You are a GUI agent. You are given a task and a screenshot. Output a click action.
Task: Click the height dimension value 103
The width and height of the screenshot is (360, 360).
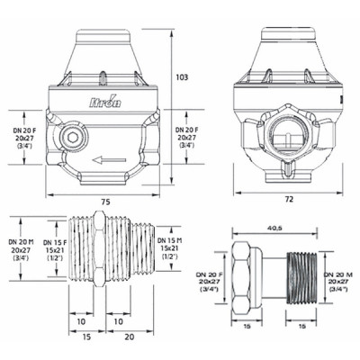pos(182,79)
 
